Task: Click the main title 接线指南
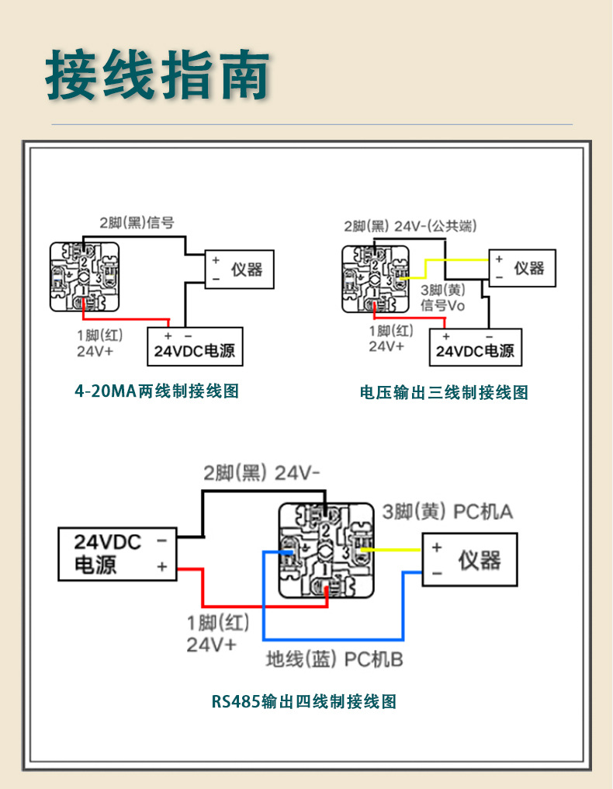tap(158, 76)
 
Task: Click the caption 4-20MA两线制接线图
tap(157, 391)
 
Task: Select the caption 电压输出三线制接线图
tap(444, 392)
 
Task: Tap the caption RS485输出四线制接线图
tap(304, 701)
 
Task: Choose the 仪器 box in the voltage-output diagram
tap(522, 268)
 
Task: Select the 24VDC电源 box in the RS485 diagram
tap(117, 554)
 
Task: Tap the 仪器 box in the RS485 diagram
tap(469, 559)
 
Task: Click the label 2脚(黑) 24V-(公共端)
tap(410, 226)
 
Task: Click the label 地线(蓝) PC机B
tap(334, 660)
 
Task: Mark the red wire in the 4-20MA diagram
tap(124, 318)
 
